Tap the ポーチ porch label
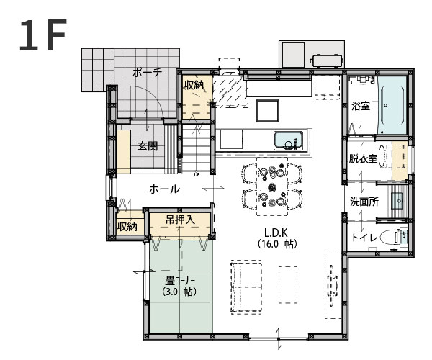point(148,72)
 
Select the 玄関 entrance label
point(148,145)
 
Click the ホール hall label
point(164,189)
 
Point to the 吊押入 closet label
point(179,219)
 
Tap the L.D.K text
point(277,233)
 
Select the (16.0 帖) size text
point(277,244)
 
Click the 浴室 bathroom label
point(360,105)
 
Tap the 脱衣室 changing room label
point(363,158)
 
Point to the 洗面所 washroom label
point(364,202)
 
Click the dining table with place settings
point(272,186)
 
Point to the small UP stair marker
point(197,174)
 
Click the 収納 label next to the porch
point(194,85)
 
